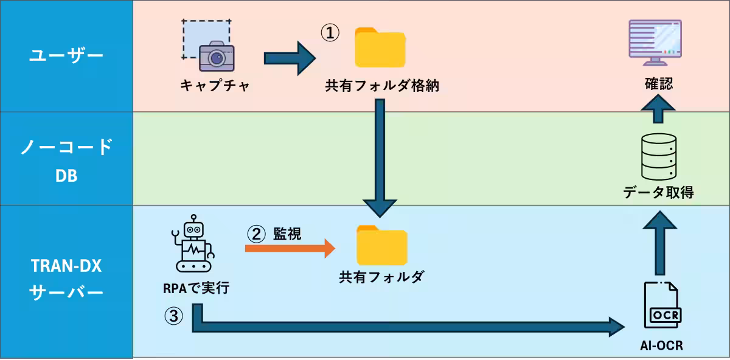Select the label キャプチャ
click(x=215, y=86)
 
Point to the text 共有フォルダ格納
click(x=382, y=86)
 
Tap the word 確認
click(x=659, y=83)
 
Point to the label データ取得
click(x=658, y=193)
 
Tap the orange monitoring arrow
click(x=290, y=247)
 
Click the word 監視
click(x=287, y=233)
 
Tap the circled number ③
click(x=173, y=316)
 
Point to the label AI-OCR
click(x=661, y=345)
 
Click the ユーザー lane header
click(x=66, y=56)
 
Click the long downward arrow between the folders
click(x=380, y=158)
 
